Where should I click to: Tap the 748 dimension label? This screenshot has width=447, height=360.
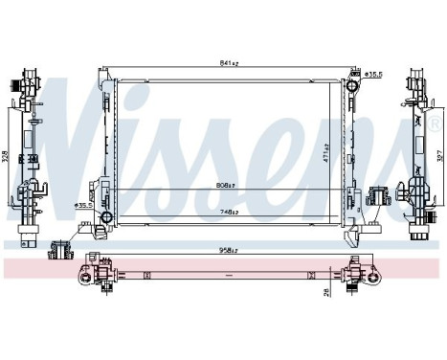point(228,212)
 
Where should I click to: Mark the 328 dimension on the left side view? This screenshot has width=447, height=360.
point(6,157)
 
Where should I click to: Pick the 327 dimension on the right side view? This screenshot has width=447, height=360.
point(441,157)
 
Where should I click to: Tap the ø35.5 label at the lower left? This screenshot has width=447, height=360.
point(85,205)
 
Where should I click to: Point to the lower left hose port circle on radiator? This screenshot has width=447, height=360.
point(101,228)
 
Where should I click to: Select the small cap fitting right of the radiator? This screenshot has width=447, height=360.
point(377,198)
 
